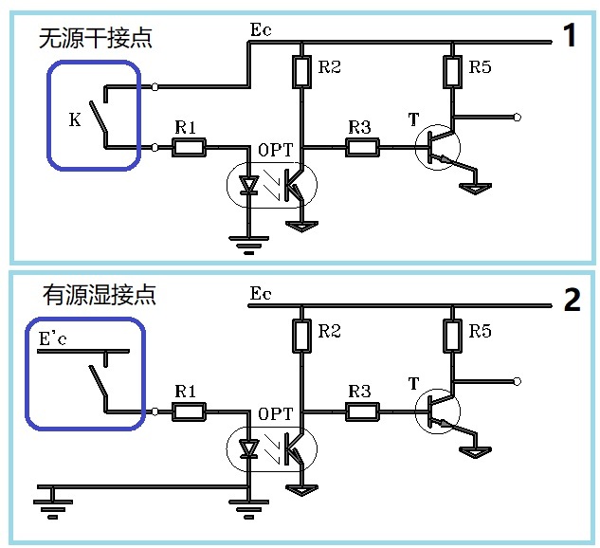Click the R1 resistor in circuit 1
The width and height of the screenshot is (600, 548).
coord(189,147)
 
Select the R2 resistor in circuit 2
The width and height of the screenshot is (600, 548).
coord(301,336)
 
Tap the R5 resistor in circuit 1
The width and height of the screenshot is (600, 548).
coord(452,72)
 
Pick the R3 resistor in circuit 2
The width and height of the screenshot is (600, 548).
coord(362,411)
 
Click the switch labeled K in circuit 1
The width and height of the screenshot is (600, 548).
coord(99,117)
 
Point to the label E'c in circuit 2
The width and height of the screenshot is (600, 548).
coord(53,338)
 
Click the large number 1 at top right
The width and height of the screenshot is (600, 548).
coord(570,35)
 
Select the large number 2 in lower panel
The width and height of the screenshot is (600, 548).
coord(573,300)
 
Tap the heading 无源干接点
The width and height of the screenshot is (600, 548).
coord(96,38)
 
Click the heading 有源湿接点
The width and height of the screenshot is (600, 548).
coord(100,295)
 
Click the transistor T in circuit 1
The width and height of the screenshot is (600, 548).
coord(437,147)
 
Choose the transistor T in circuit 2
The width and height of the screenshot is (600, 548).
coord(437,411)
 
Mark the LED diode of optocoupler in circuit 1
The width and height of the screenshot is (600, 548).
coord(248,185)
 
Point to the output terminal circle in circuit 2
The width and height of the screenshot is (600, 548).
coord(517,381)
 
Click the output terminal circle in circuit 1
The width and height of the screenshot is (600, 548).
coord(517,118)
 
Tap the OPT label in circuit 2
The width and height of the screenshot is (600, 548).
coord(276,413)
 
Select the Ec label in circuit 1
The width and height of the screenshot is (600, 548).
coord(261,29)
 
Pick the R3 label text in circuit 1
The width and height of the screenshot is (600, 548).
coord(359,127)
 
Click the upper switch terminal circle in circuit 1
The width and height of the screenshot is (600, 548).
coord(155,87)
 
